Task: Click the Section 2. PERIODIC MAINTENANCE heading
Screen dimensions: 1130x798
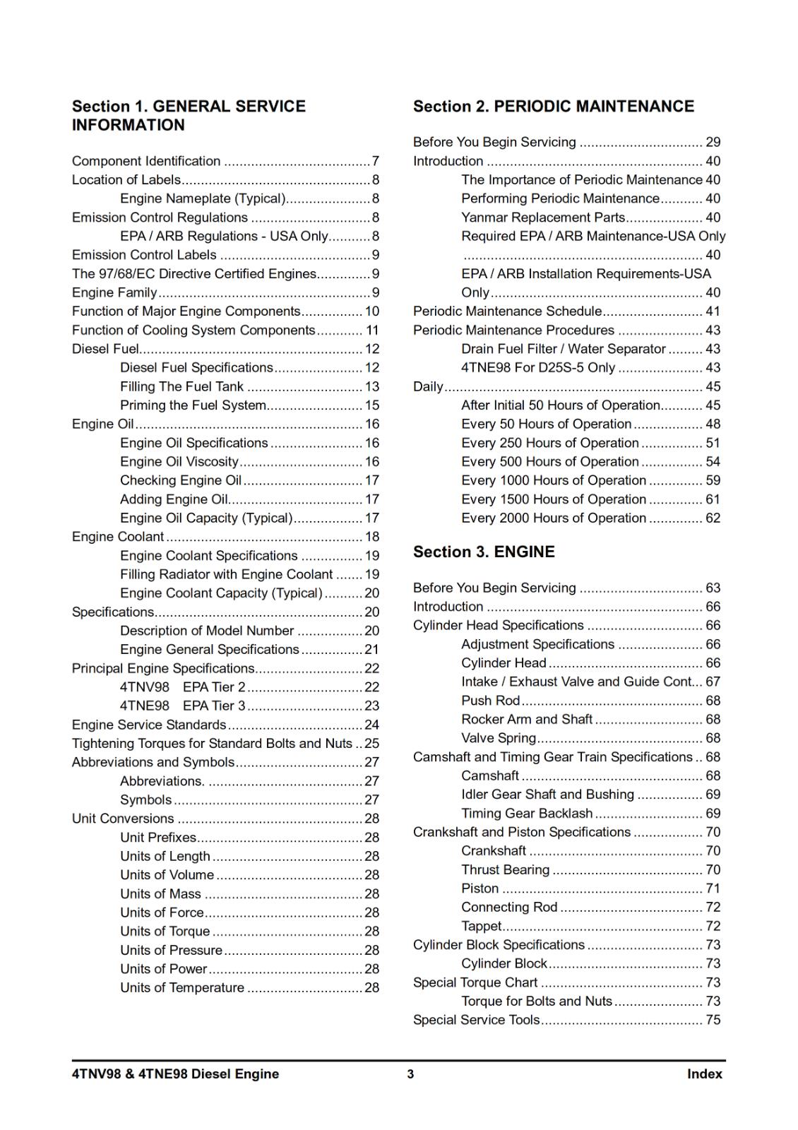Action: (x=553, y=107)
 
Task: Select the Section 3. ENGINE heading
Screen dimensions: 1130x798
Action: (x=484, y=552)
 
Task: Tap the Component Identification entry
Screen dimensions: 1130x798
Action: (x=146, y=161)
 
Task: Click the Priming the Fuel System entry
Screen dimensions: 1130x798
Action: (x=193, y=405)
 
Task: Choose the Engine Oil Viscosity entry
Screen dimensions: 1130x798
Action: (x=179, y=462)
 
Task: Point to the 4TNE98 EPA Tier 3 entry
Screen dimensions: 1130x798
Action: (x=182, y=706)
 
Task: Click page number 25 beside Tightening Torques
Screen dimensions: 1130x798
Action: (x=371, y=744)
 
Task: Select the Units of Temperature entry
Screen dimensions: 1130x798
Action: (x=182, y=988)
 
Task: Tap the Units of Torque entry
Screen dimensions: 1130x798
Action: (x=165, y=932)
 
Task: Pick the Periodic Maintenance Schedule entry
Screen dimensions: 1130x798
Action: (x=507, y=311)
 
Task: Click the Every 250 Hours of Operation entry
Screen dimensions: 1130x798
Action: (x=549, y=443)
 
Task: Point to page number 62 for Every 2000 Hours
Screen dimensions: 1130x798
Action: (x=713, y=518)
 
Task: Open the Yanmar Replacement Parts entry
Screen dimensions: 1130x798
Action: (x=543, y=218)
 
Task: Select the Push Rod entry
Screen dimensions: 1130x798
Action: (x=490, y=701)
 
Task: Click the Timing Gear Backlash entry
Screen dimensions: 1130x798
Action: (x=527, y=814)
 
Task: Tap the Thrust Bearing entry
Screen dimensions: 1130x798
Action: (x=505, y=870)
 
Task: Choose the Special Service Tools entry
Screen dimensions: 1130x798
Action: (x=476, y=1020)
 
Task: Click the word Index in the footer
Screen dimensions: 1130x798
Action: (x=704, y=1074)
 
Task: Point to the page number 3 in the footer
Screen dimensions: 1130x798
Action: (x=410, y=1075)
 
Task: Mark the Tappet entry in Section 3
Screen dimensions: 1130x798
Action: (x=481, y=926)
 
